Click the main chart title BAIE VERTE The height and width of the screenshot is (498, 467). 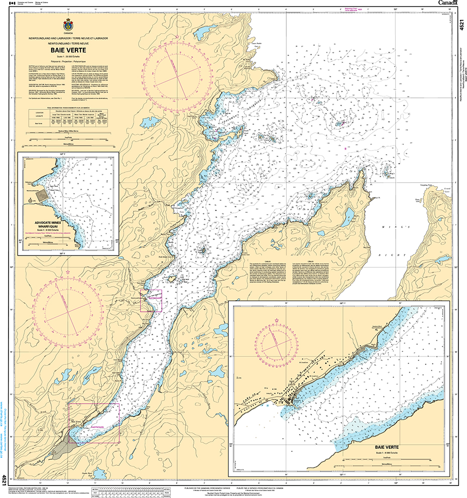point(67,50)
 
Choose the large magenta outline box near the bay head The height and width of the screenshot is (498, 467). point(94,423)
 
